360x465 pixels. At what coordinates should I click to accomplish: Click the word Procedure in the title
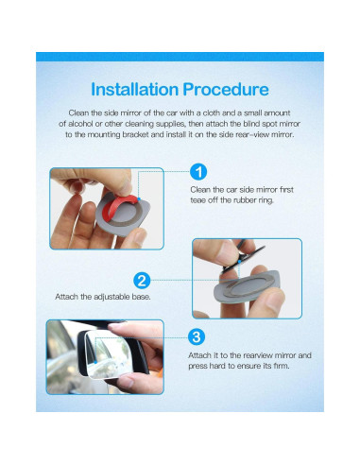coord(223,90)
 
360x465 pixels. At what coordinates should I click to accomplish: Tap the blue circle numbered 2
coord(142,280)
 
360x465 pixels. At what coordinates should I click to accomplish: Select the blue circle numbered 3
coord(196,336)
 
